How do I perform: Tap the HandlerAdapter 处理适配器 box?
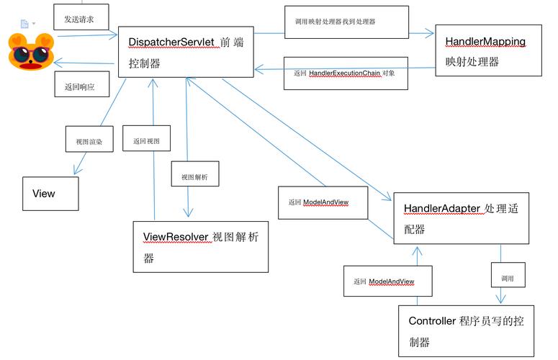461,218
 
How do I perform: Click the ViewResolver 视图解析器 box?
200,246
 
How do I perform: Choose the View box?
49,193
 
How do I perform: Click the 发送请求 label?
79,19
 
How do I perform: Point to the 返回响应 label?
81,86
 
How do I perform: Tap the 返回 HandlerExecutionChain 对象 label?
346,73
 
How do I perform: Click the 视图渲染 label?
89,141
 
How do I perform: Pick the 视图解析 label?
194,176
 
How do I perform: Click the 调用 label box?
508,276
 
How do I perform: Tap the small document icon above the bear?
24,24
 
